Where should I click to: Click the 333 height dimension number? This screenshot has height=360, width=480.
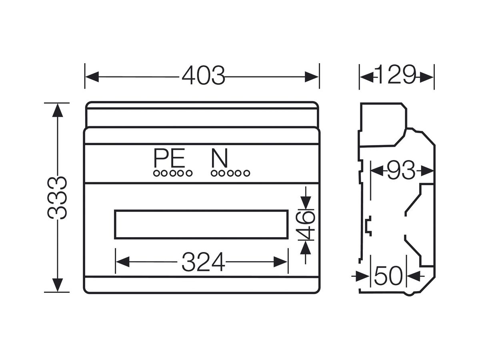tap(57, 198)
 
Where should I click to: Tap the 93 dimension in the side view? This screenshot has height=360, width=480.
tap(401, 170)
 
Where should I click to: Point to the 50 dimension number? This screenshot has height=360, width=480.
tap(388, 276)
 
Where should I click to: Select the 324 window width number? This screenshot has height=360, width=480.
tap(203, 262)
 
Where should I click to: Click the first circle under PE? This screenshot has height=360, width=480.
tap(156, 173)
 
